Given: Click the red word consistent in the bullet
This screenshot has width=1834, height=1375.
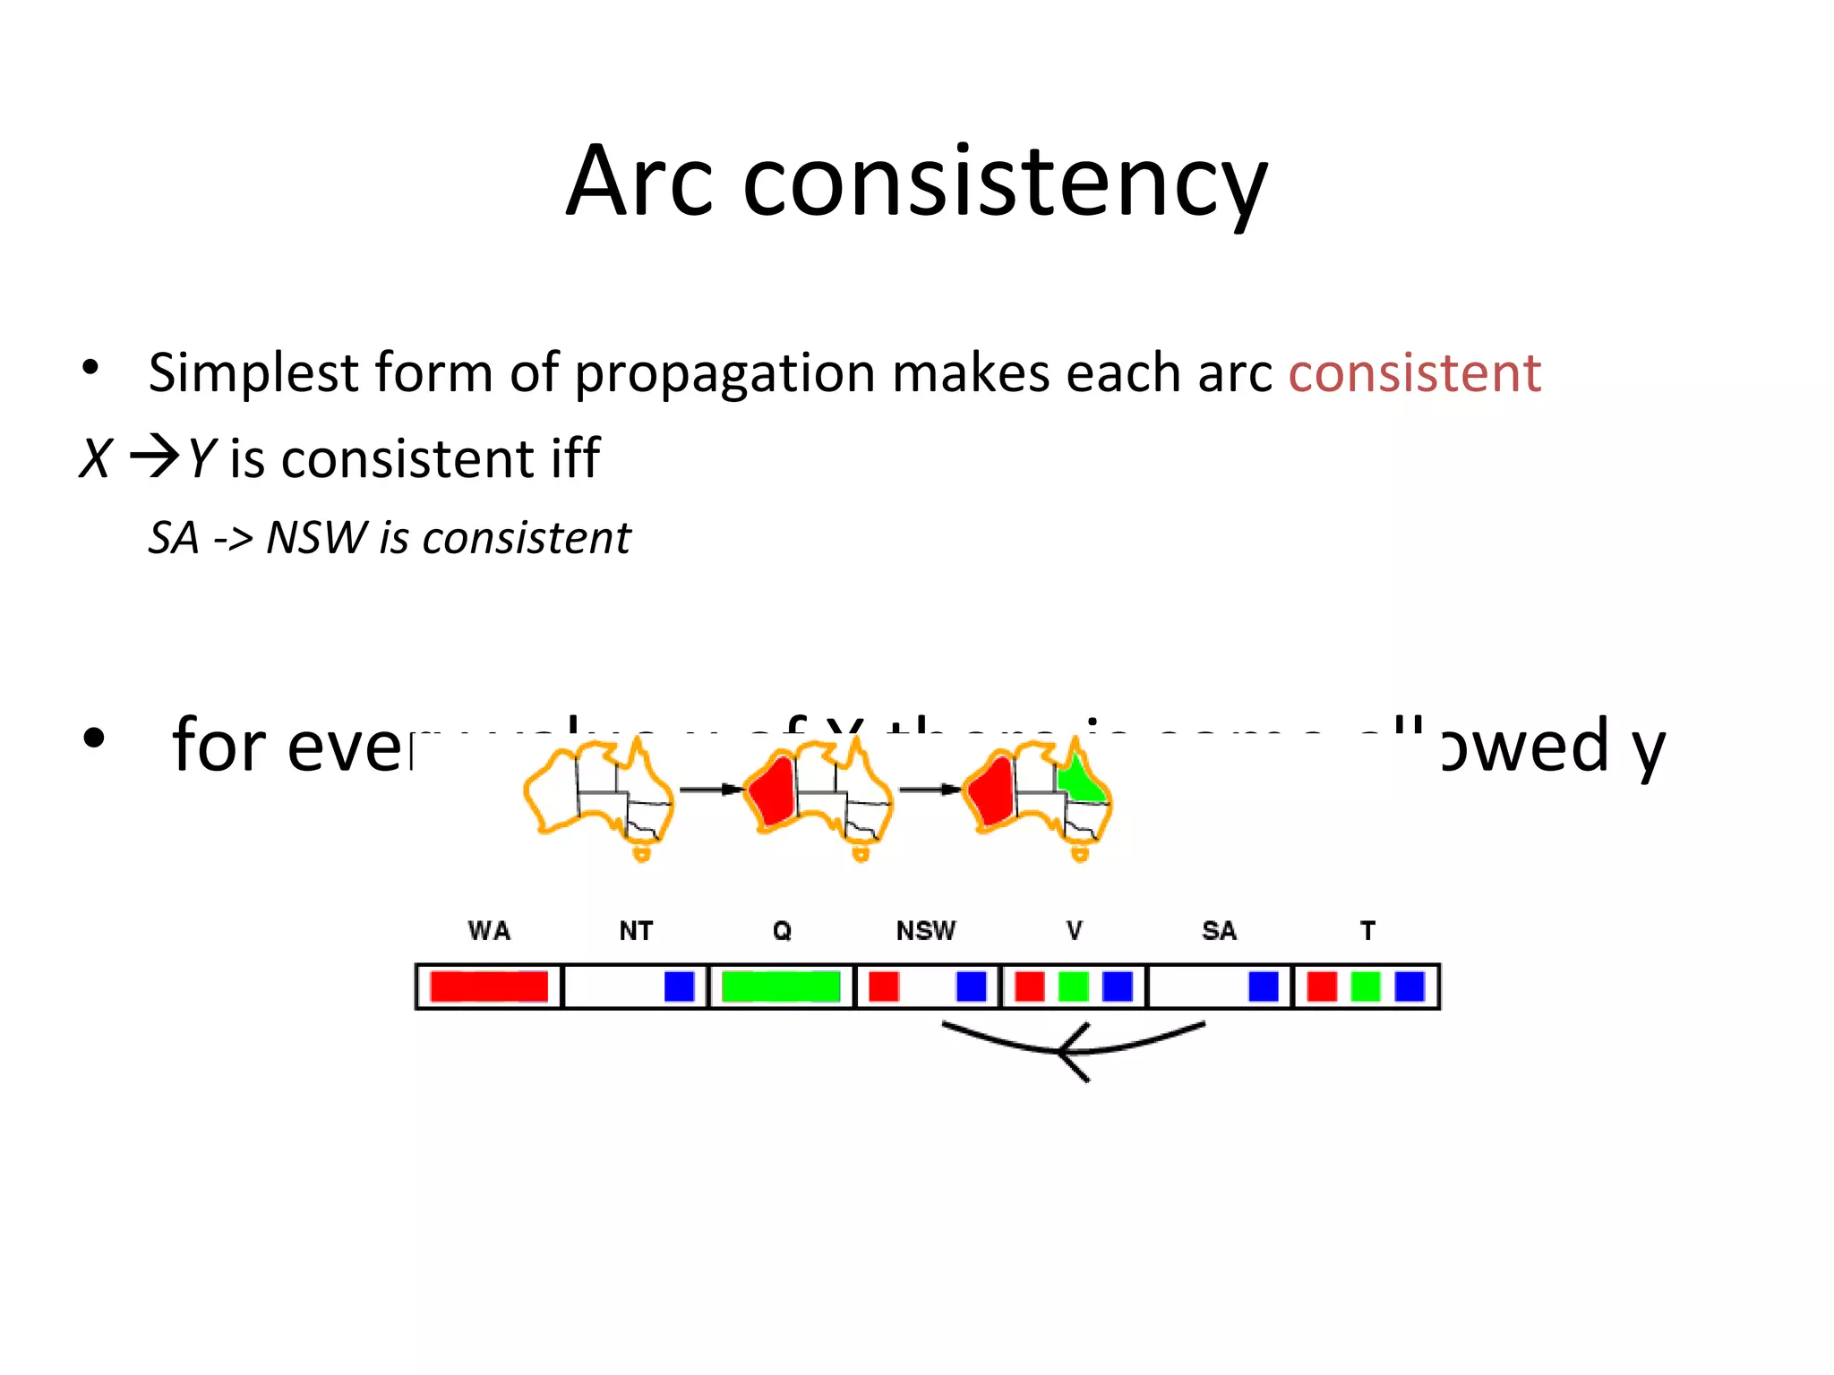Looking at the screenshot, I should click(x=1414, y=373).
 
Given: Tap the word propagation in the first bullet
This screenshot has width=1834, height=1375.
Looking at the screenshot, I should click(x=724, y=373).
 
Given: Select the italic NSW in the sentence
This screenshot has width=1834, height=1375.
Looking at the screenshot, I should click(x=316, y=539).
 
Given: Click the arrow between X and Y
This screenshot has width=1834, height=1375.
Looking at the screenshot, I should click(x=154, y=458).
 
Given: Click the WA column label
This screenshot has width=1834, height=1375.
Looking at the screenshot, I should click(x=489, y=931).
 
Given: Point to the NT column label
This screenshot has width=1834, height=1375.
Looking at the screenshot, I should click(x=636, y=931).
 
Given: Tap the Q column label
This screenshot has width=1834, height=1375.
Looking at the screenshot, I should click(x=782, y=931).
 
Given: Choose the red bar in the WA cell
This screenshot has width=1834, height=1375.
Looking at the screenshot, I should click(x=489, y=986).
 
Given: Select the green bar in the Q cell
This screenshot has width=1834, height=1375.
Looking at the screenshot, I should click(x=781, y=986).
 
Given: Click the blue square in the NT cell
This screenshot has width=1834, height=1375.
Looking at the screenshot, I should click(x=679, y=986).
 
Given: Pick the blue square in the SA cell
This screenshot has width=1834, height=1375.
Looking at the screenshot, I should click(x=1263, y=986).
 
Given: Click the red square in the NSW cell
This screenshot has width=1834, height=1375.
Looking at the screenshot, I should click(x=884, y=986).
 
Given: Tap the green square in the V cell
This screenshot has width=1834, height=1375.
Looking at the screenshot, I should click(x=1073, y=986).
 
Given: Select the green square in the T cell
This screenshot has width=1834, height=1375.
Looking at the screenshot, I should click(x=1366, y=986).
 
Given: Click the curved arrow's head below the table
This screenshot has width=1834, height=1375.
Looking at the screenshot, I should click(x=1067, y=1051).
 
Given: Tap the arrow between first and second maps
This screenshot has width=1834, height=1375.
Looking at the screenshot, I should click(x=711, y=790).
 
